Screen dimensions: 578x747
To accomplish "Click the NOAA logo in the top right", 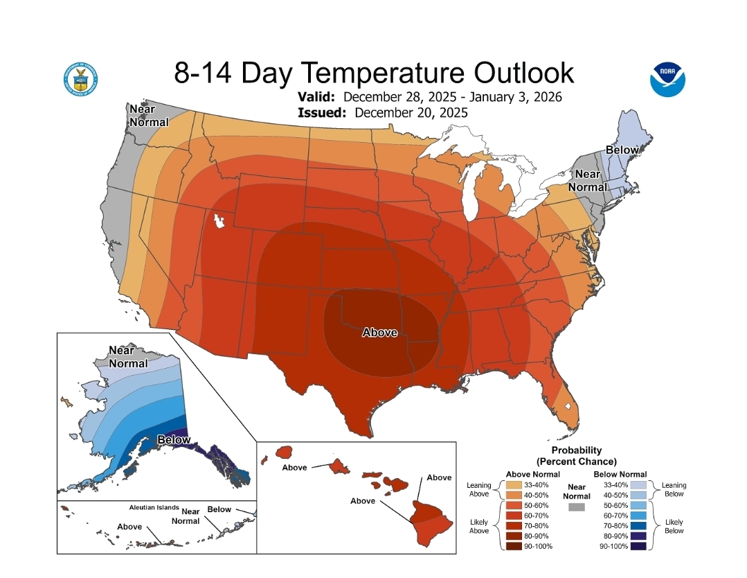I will point(667,79).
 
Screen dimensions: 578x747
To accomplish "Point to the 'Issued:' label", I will point(322,112).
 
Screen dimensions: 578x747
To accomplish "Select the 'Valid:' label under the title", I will point(317,96).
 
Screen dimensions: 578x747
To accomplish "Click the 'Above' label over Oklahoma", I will point(379,333).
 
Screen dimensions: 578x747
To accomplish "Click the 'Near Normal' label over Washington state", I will point(148,116).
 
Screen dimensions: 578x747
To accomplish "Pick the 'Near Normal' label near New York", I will point(588,180).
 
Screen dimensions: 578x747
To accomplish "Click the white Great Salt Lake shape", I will point(220,222).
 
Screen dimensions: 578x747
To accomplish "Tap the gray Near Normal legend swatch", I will point(576,507).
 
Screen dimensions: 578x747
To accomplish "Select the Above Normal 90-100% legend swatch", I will point(515,547).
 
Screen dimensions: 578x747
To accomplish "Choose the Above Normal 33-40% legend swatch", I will point(515,485).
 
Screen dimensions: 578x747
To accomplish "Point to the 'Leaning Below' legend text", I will point(674,489).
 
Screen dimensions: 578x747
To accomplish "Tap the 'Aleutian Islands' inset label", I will point(154,507).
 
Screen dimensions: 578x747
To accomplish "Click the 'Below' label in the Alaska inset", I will point(174,439).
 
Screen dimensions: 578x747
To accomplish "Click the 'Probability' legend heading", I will point(576,450).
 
